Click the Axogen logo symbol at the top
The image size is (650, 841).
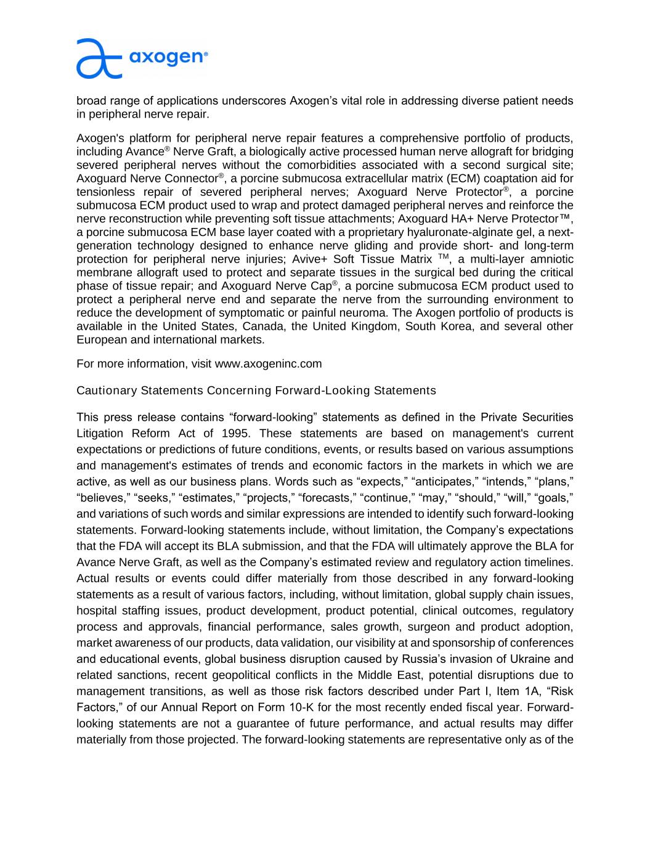click(x=99, y=59)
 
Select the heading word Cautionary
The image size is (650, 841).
click(x=107, y=391)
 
